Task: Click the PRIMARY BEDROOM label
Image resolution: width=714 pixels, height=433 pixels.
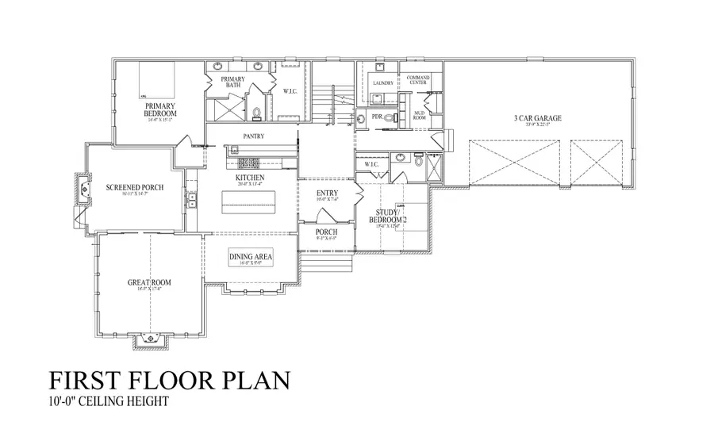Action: pos(160,109)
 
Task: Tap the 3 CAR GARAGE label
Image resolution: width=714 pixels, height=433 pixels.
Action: pos(537,118)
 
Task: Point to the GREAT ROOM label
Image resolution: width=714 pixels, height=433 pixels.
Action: pos(150,282)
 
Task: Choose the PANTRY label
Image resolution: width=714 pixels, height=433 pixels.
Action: pos(254,136)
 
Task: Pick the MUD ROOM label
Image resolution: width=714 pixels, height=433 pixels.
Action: pos(420,116)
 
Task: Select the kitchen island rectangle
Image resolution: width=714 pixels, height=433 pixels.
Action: pos(250,202)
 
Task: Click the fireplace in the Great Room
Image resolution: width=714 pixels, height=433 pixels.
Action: pos(151,341)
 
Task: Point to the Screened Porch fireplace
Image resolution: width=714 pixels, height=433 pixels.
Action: pos(83,190)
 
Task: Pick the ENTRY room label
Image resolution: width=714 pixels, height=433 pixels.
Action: pos(327,194)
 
